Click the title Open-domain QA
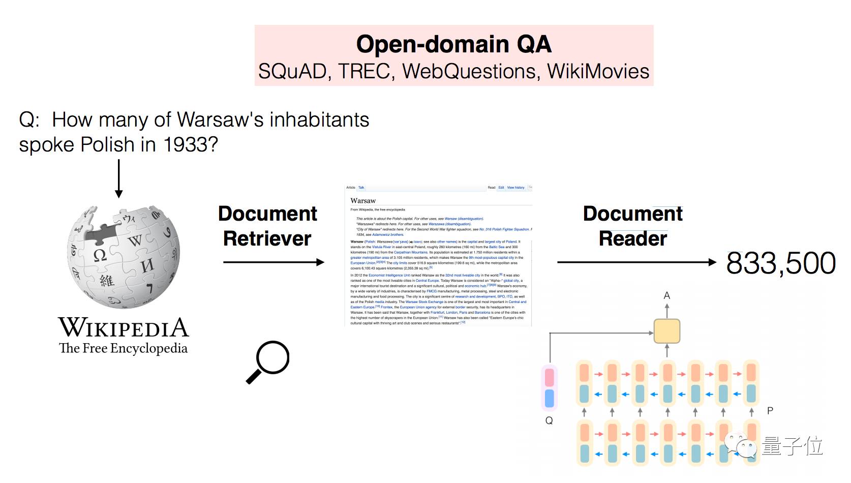click(453, 44)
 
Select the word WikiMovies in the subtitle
click(598, 71)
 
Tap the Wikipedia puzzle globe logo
click(124, 257)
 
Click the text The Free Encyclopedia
click(124, 348)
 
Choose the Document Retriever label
click(267, 226)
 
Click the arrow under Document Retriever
click(273, 262)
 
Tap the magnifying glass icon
click(268, 361)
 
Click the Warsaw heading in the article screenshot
click(363, 201)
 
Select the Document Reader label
click(632, 226)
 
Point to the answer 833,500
click(781, 263)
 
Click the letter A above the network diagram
click(667, 295)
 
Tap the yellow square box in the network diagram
click(666, 331)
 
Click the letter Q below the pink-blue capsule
click(549, 420)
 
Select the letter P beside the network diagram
click(770, 410)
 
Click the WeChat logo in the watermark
click(741, 446)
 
